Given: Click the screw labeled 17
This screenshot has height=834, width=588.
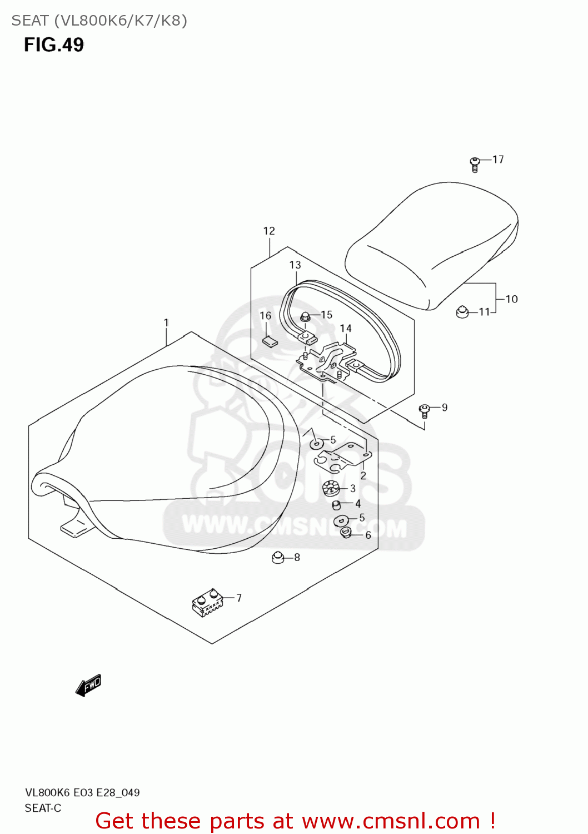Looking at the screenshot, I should click(x=475, y=163).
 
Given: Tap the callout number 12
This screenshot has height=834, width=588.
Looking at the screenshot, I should click(x=269, y=231).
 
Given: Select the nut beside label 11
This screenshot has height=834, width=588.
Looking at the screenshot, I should click(x=462, y=312).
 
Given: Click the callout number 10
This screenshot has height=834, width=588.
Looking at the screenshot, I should click(x=511, y=299).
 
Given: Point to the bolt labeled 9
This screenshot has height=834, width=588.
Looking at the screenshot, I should click(x=424, y=411).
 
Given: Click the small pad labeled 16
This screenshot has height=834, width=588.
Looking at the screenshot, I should click(x=270, y=341).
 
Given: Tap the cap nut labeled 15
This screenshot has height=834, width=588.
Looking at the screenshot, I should click(x=305, y=317).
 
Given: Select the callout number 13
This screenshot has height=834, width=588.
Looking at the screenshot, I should click(x=295, y=265).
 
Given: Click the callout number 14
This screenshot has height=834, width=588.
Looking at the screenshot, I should click(x=346, y=328).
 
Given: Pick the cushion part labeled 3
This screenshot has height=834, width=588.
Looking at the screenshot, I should click(x=331, y=489).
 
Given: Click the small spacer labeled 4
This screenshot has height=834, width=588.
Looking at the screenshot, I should click(x=336, y=504).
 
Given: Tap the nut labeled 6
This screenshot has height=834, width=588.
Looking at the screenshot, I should click(x=346, y=533).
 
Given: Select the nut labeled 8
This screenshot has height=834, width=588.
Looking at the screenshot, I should click(x=278, y=557).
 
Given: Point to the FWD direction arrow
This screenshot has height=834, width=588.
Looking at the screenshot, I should click(x=89, y=685).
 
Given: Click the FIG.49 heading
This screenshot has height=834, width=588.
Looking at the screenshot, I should click(x=54, y=44).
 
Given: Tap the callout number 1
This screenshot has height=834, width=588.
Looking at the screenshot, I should click(x=166, y=322).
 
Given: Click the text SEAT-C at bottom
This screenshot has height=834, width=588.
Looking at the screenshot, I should click(x=43, y=808).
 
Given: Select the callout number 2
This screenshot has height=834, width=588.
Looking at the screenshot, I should click(x=363, y=475).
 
